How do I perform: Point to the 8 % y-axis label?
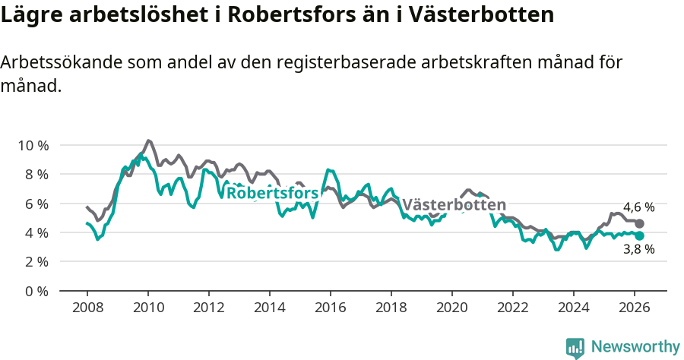point(35,174)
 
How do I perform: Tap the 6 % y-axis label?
point(35,204)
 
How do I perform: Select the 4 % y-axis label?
point(35,232)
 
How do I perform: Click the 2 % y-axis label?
point(35,261)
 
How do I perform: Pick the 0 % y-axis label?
point(35,291)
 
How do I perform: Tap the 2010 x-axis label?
point(147,308)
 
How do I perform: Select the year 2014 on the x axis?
point(269,308)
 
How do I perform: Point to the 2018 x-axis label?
point(391,308)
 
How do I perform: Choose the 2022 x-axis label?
point(512,308)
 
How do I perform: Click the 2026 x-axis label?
point(634,308)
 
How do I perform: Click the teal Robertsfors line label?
point(273,193)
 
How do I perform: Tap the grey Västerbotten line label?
point(454,205)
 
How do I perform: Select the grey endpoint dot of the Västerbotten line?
point(640,223)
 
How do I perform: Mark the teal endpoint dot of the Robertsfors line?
point(640,235)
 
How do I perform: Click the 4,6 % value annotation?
point(639,207)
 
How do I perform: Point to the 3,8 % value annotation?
point(639,249)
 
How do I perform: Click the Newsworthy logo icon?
point(575,347)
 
